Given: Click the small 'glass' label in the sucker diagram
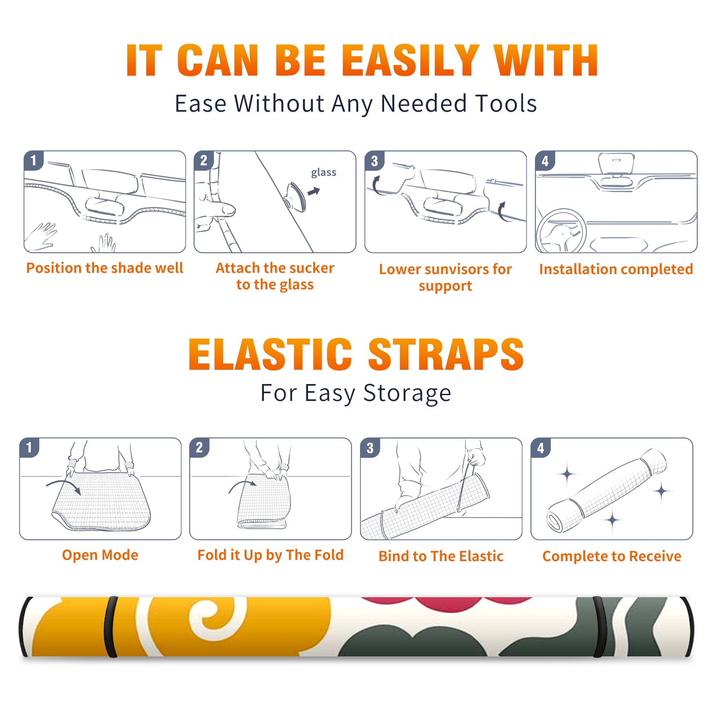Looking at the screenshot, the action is coord(324,172).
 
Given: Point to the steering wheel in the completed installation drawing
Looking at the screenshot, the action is coord(561,231).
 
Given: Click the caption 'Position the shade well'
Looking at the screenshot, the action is coord(105,268).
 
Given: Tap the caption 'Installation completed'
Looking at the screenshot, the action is coord(616,269).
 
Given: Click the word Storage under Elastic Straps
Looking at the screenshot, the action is coord(407,393).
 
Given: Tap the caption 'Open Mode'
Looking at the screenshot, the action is coord(100,555).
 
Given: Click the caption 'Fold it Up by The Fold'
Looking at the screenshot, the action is coord(271,555).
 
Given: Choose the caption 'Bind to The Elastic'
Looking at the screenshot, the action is coord(441,556).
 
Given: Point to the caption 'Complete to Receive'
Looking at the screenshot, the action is coord(612,556).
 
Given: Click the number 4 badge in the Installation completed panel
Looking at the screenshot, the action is coord(545,161).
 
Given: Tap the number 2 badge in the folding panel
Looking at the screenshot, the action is coord(199,447).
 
